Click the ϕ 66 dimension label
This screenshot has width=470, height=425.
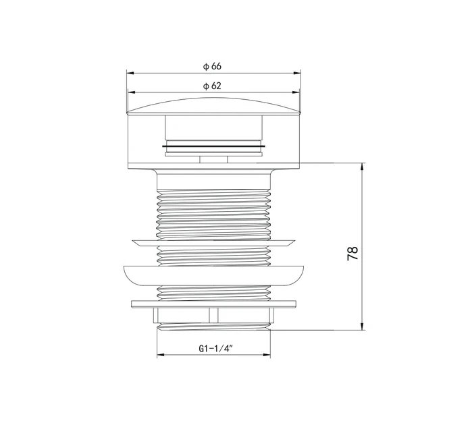tap(212, 66)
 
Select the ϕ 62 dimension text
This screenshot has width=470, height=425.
tap(212, 86)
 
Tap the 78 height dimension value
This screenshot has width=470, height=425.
tap(352, 253)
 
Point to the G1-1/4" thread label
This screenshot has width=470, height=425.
tap(216, 348)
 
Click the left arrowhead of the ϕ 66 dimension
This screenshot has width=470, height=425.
tap(130, 73)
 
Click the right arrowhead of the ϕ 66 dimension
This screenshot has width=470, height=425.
tap(297, 73)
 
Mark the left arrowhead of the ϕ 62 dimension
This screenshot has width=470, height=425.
tap(132, 92)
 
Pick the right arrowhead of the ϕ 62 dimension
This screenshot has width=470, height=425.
tap(296, 92)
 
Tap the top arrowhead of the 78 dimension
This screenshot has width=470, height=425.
tap(363, 167)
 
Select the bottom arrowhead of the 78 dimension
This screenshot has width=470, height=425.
tap(363, 327)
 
